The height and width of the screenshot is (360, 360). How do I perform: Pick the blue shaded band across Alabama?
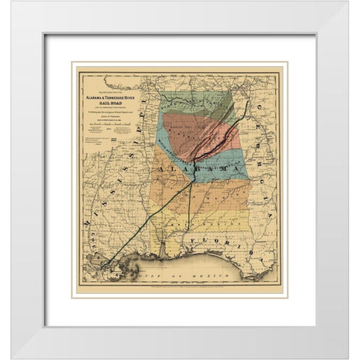point(225,161)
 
